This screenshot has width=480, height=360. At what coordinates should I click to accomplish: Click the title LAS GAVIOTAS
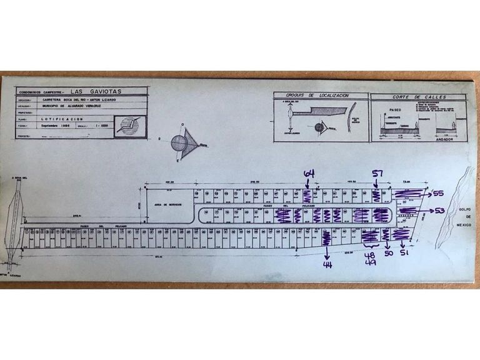[x=97, y=91]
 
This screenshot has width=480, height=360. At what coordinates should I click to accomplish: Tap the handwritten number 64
[x=309, y=173]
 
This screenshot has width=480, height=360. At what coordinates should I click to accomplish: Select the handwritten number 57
[x=377, y=174]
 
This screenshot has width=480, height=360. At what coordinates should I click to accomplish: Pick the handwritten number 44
[x=327, y=264]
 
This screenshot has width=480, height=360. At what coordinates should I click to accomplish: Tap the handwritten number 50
[x=387, y=255]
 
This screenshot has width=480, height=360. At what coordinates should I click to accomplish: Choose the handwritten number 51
[x=404, y=255]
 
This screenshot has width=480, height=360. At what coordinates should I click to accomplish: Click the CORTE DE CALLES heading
[x=409, y=97]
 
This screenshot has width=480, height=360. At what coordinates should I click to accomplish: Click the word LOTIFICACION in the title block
[x=62, y=117]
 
